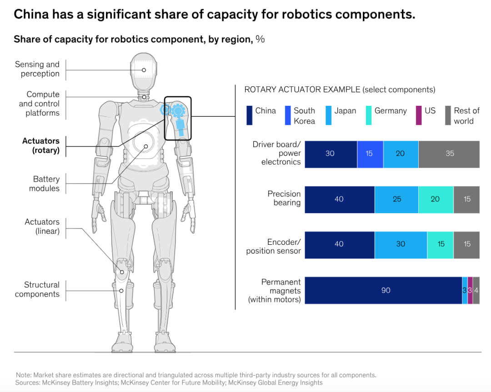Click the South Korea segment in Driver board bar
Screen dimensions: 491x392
pyautogui.click(x=370, y=154)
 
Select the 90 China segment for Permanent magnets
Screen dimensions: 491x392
pyautogui.click(x=383, y=290)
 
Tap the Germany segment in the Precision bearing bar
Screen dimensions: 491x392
pyautogui.click(x=436, y=199)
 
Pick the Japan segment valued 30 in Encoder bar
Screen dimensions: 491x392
pyautogui.click(x=401, y=245)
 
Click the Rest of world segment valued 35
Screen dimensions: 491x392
pyautogui.click(x=449, y=154)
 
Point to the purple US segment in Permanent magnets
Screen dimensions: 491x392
pyautogui.click(x=470, y=290)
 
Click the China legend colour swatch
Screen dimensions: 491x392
pyautogui.click(x=249, y=115)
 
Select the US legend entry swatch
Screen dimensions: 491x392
pyautogui.click(x=419, y=115)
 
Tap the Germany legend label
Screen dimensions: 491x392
pyautogui.click(x=391, y=111)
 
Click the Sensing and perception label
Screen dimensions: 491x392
pyautogui.click(x=37, y=69)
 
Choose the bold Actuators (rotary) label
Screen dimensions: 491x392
pyautogui.click(x=41, y=145)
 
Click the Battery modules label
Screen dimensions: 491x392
pyautogui.click(x=45, y=184)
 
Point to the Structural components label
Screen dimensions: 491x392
pyautogui.click(x=37, y=289)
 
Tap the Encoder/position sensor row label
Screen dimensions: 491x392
pyautogui.click(x=273, y=246)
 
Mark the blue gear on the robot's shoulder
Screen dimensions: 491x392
pyautogui.click(x=178, y=110)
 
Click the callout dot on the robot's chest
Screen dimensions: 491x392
pyautogui.click(x=146, y=146)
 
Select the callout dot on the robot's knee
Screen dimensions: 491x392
pyautogui.click(x=122, y=272)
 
